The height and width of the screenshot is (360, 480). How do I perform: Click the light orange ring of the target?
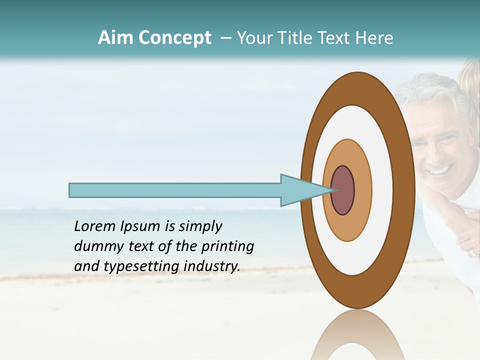(362, 190)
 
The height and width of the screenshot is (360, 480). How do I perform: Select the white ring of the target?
(382, 190)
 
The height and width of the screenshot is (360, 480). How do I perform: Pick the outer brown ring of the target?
(404, 190)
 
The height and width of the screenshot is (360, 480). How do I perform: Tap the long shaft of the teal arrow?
(175, 190)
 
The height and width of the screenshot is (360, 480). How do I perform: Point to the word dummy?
(95, 246)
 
